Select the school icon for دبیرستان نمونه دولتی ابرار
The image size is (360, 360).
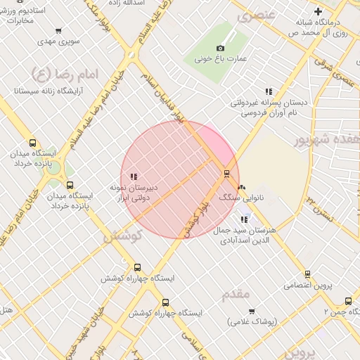pos(134,176)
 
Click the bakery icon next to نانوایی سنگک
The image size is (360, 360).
pos(243,187)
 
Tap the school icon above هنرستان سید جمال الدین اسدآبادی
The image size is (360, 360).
pos(244,219)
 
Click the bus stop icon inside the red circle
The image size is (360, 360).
pos(226,174)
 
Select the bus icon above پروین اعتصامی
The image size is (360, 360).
pos(307,274)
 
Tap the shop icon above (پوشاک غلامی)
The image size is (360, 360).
pos(251,310)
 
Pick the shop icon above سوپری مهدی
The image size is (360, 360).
pos(58,31)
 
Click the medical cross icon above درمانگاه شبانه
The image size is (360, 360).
pos(319,11)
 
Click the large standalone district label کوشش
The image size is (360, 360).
pos(123,238)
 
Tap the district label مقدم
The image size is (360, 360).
pos(236,294)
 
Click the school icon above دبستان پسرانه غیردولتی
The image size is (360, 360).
pos(268,91)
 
